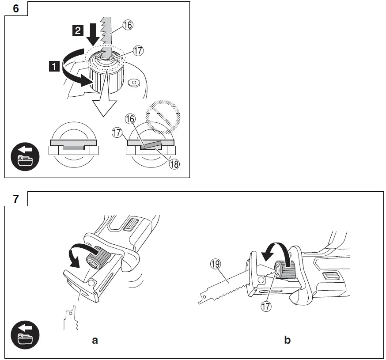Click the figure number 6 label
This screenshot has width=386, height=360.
coord(15,8)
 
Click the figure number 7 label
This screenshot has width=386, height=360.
coord(15,199)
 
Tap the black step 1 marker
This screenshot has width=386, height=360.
coord(54,67)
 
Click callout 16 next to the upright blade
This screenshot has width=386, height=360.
coord(128,26)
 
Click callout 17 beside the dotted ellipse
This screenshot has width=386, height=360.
coord(138,51)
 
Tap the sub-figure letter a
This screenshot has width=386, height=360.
coord(95,340)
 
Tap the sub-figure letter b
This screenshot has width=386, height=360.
coord(288,340)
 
